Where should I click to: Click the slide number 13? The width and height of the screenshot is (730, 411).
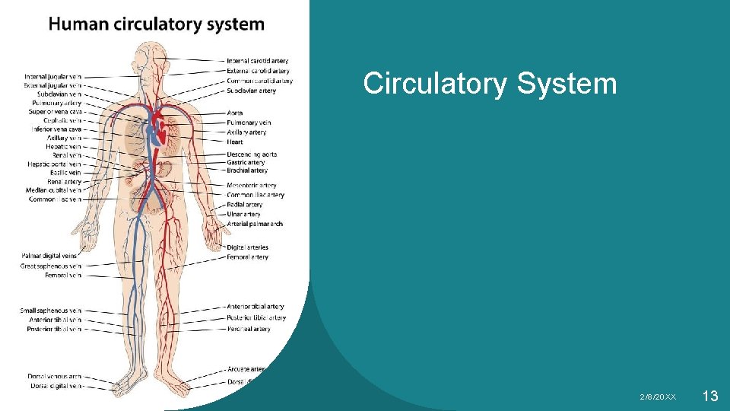(x=710, y=395)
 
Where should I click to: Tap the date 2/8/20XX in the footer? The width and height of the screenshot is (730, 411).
(x=658, y=397)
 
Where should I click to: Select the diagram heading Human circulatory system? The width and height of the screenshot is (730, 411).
(x=157, y=24)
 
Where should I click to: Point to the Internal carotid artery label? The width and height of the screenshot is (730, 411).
(x=257, y=61)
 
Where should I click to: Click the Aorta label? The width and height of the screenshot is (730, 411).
(x=235, y=113)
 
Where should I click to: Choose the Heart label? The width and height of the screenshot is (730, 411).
(x=235, y=142)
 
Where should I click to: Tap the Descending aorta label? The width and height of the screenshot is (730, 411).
(x=252, y=155)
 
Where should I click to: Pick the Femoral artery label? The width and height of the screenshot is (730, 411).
(x=248, y=257)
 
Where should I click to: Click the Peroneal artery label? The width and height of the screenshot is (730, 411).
(x=249, y=330)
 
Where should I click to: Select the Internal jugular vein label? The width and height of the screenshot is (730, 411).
(x=52, y=77)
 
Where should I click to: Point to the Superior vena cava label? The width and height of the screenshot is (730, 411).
(x=52, y=112)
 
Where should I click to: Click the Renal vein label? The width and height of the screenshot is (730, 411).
(x=66, y=155)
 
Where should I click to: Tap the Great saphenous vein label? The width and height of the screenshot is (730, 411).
(x=51, y=266)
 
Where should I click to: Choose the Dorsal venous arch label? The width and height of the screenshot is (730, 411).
(x=54, y=377)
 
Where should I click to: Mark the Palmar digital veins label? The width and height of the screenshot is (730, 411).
(x=49, y=256)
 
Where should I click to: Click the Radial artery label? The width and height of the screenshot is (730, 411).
(x=245, y=205)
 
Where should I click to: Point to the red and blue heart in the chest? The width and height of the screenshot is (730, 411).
(x=157, y=128)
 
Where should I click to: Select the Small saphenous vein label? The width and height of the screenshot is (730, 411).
(x=51, y=311)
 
